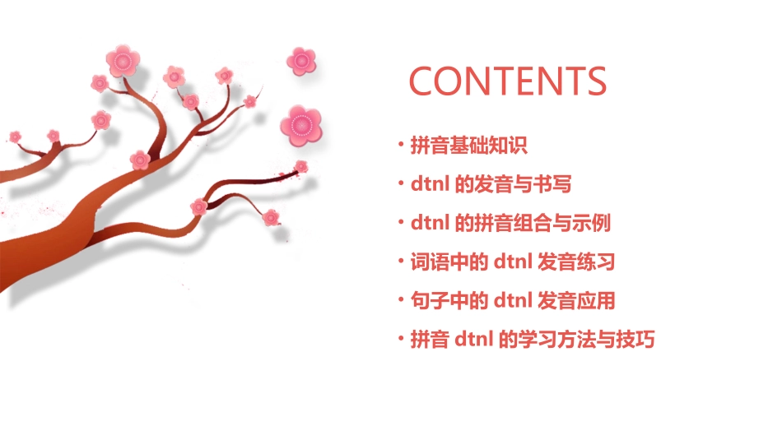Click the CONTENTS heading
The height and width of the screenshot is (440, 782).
click(508, 81)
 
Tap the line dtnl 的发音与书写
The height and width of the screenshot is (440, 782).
click(491, 184)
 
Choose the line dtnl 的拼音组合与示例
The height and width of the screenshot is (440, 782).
click(510, 223)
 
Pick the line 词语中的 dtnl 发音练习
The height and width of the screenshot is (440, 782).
click(512, 262)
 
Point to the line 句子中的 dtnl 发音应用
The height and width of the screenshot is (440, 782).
click(512, 300)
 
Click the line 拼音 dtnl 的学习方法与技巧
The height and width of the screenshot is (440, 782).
click(532, 339)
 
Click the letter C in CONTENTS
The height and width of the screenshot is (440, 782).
click(423, 81)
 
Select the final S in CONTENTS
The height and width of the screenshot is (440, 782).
click(595, 81)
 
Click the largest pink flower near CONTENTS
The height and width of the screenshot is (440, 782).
click(300, 124)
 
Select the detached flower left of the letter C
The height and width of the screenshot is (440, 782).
click(301, 60)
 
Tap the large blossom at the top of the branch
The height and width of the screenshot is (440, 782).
click(123, 60)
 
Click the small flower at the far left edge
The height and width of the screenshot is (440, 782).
click(15, 136)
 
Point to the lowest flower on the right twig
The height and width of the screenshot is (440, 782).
click(271, 217)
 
